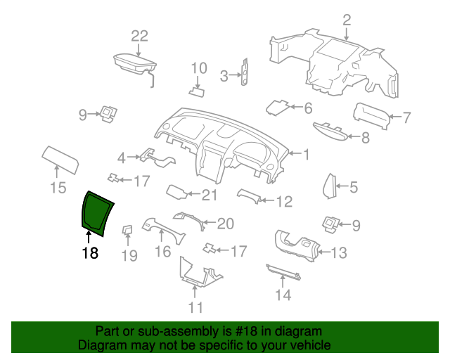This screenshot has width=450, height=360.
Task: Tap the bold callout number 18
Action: point(90,253)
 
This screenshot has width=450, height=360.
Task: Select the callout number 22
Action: point(139,36)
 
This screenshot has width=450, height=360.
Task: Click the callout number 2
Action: point(347,20)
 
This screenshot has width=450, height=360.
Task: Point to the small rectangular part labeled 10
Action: point(197,92)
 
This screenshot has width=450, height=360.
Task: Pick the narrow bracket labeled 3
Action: point(245,72)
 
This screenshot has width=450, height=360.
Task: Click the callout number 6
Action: point(308,108)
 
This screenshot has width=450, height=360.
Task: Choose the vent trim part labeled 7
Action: point(372,115)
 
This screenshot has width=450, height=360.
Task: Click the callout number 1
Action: point(307,155)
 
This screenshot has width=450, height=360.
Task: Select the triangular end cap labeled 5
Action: point(330,186)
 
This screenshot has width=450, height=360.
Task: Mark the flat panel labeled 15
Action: point(60,160)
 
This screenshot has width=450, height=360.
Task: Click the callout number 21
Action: point(210,195)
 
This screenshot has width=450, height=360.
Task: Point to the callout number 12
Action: point(284,202)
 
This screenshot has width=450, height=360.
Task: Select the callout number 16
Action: point(162,252)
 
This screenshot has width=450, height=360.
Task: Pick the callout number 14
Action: point(283,295)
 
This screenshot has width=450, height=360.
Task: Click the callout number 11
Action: point(196,307)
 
